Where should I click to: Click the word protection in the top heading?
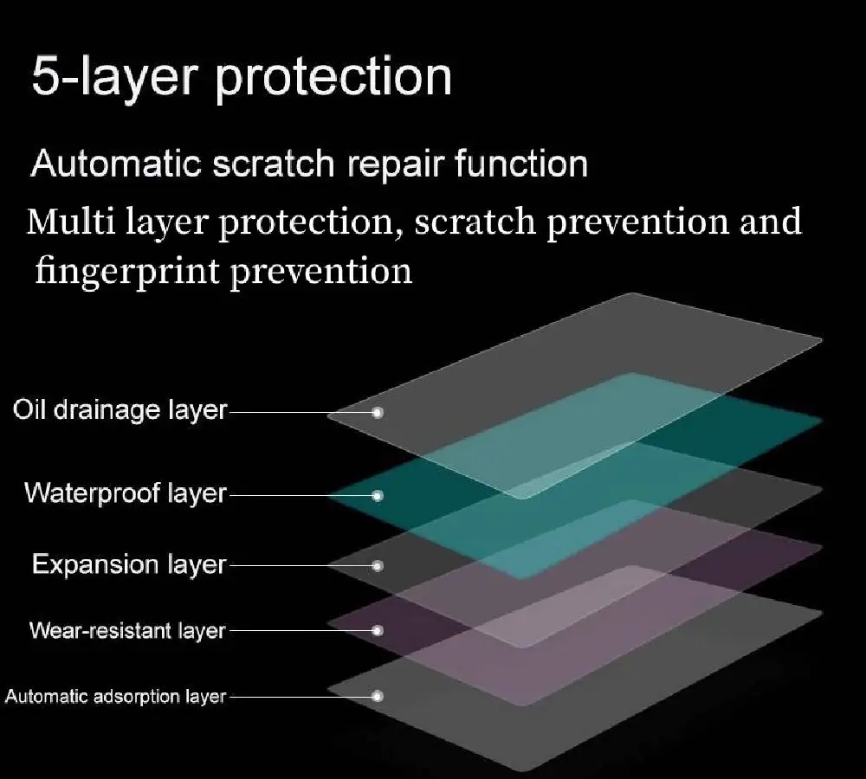(x=333, y=79)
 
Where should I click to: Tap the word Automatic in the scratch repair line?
(x=116, y=164)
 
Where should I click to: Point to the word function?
(x=521, y=164)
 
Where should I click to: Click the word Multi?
(x=71, y=222)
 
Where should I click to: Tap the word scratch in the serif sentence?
(x=475, y=222)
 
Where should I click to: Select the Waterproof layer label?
(x=126, y=493)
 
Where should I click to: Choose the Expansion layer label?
(x=129, y=565)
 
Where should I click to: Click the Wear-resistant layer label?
(x=127, y=630)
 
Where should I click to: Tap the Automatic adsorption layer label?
(x=115, y=696)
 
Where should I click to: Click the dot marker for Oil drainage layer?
(x=378, y=412)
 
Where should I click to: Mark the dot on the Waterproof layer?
(x=378, y=496)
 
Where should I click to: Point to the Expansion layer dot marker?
(x=378, y=566)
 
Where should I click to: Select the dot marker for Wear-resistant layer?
(x=378, y=630)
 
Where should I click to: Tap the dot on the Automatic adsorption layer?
(x=378, y=696)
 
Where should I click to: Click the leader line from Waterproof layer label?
(x=301, y=496)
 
